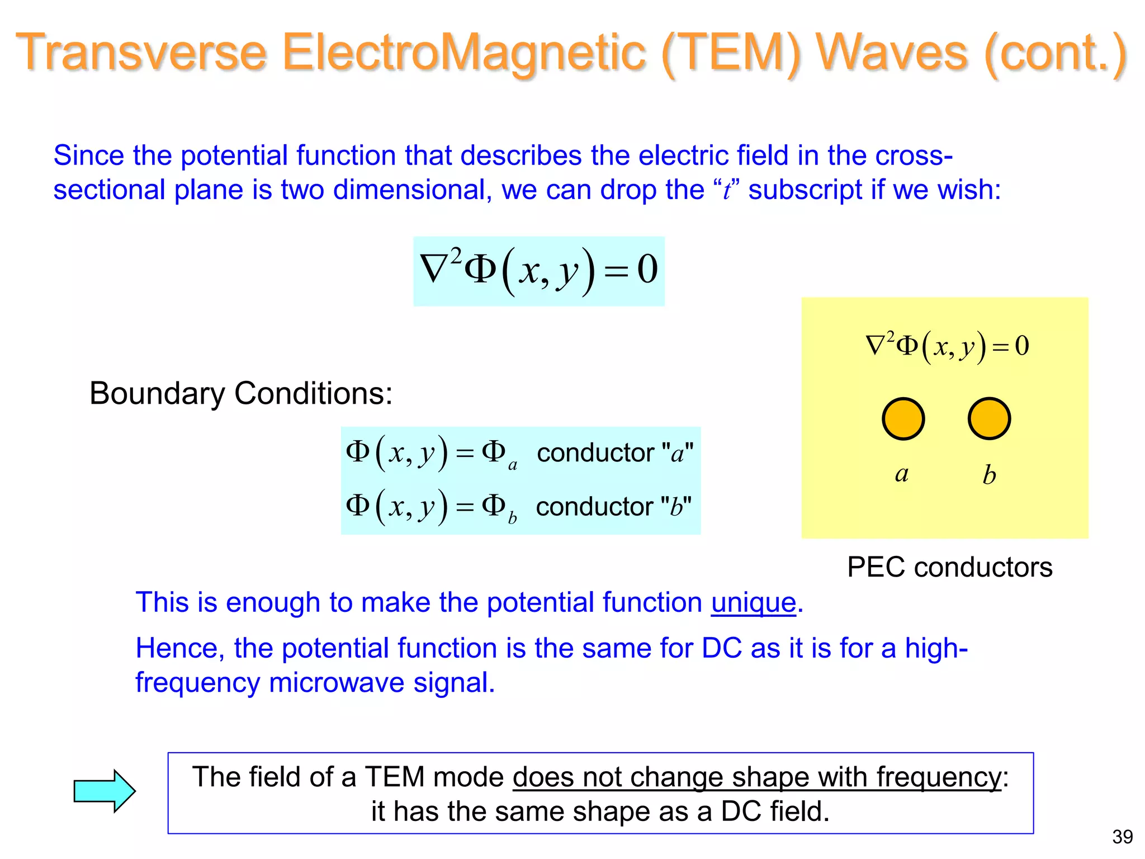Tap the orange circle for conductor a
[x=903, y=419]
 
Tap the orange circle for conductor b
[x=989, y=419]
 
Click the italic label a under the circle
[x=901, y=474]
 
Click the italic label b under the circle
[x=989, y=475]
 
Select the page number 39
[x=1122, y=837]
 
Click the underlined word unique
[x=753, y=603]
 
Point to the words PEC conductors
[x=949, y=567]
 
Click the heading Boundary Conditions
[x=240, y=393]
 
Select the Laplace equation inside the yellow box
[x=947, y=346]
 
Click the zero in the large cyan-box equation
[x=647, y=270]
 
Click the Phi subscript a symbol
[x=498, y=454]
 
